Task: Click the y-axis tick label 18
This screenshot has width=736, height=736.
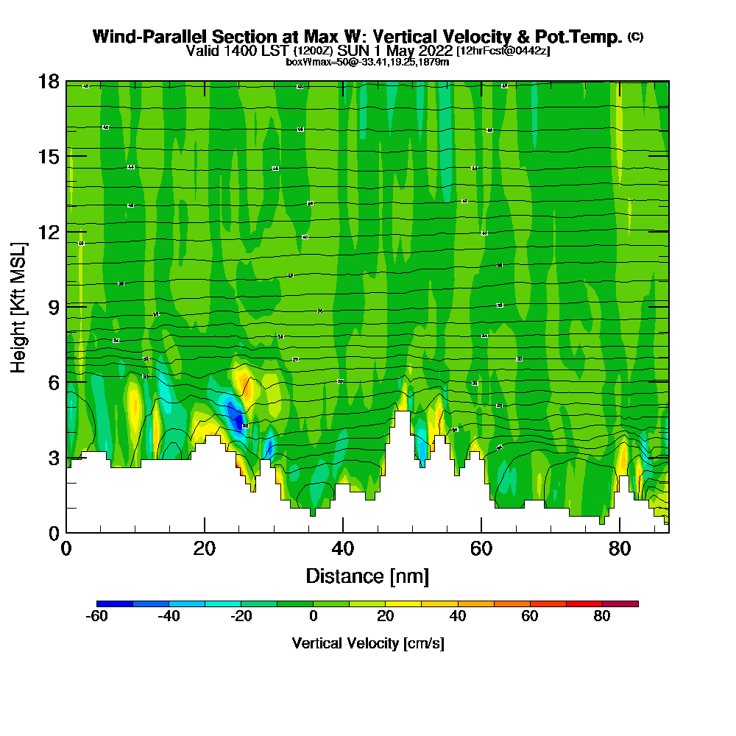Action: pos(49,82)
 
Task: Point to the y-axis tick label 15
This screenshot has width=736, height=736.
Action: pos(49,157)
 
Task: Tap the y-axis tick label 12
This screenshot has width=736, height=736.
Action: pos(49,232)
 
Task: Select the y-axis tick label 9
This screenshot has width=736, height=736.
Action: pos(53,307)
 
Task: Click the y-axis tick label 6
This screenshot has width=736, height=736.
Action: pos(53,382)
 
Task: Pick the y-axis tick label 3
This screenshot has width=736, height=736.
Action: pos(53,457)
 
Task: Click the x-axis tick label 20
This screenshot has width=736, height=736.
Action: pos(205,548)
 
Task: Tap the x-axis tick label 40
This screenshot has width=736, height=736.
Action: pos(343,548)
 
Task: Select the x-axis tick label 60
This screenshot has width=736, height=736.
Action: pos(481,548)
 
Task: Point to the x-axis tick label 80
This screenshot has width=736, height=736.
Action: pos(620,548)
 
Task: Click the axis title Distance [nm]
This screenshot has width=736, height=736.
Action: pos(367,575)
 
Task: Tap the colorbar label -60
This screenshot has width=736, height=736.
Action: pos(97,617)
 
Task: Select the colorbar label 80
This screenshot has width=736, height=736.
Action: pos(602,617)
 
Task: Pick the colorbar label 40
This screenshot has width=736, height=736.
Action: pos(458,617)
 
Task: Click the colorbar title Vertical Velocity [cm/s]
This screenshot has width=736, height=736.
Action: pos(367,643)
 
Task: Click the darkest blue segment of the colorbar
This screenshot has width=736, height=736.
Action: pos(115,604)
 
